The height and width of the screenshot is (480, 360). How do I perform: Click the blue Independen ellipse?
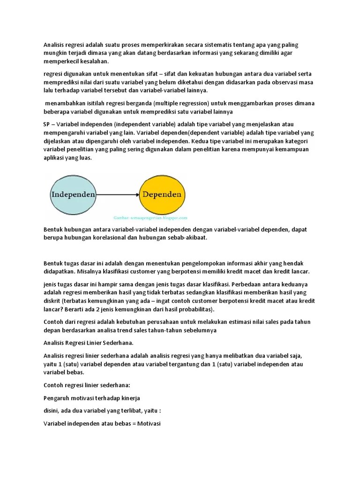coord(73,194)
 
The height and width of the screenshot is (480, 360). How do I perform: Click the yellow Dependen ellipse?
coord(162,194)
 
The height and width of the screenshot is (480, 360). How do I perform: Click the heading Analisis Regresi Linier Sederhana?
coord(89,343)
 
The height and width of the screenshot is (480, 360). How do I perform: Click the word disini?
coord(52,411)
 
